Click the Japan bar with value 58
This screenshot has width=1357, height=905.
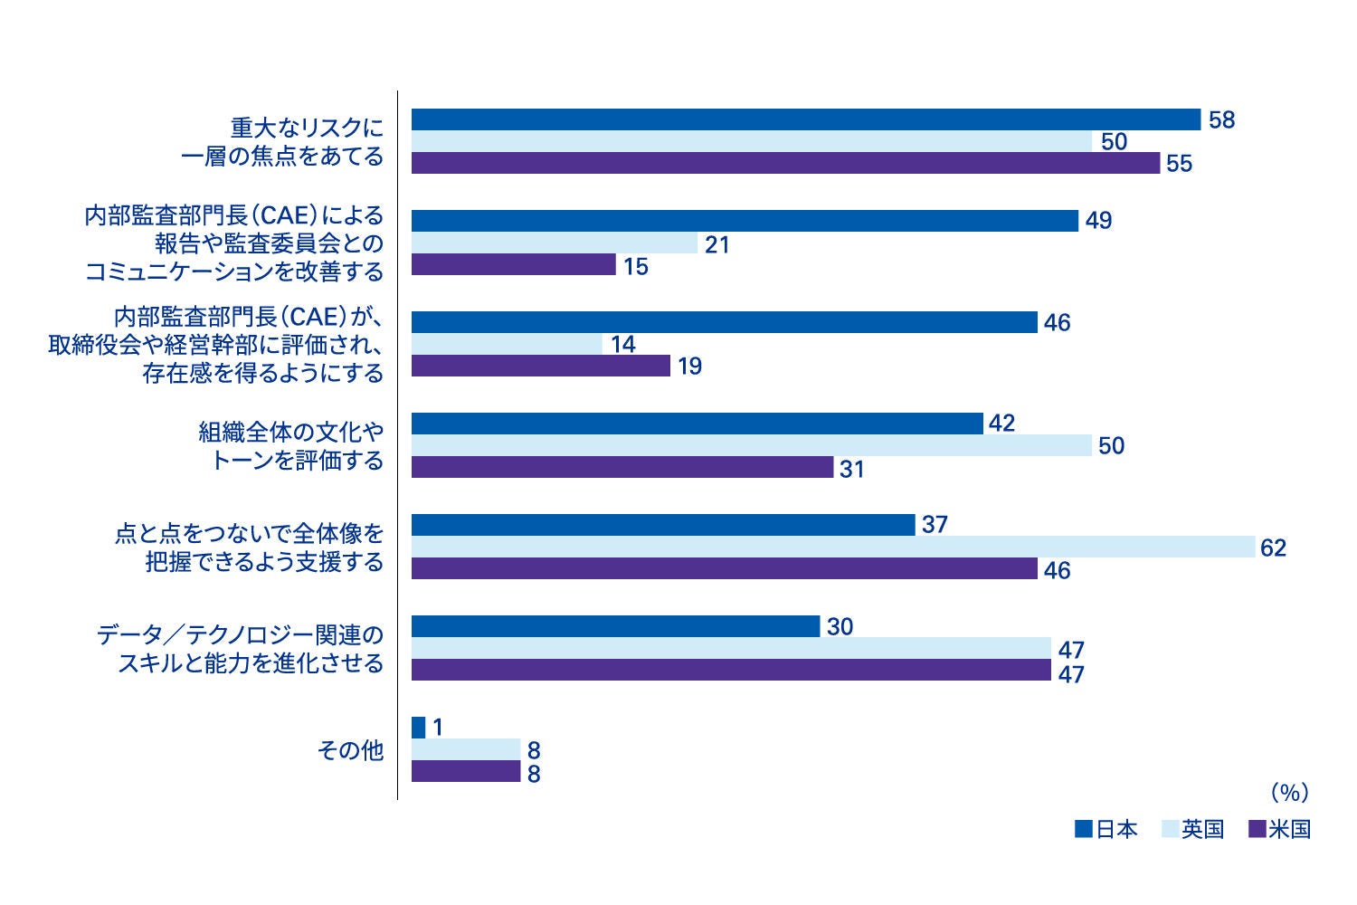(x=805, y=119)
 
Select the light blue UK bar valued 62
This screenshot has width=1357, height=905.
(x=832, y=547)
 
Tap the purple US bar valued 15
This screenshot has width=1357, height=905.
(x=513, y=264)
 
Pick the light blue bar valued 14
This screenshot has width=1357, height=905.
(x=507, y=344)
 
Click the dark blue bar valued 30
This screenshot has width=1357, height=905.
(x=615, y=626)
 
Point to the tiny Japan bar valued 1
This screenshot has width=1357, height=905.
(x=418, y=728)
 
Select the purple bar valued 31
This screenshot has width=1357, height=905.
(x=622, y=467)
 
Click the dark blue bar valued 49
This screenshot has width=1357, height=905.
(x=745, y=221)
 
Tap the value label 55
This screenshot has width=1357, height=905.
(x=1180, y=164)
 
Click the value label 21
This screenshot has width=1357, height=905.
(x=716, y=244)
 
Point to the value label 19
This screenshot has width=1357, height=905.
(x=689, y=367)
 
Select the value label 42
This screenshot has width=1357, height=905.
(x=1001, y=424)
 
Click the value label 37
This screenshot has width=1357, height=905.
(x=935, y=525)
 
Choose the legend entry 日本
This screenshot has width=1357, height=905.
(x=1106, y=829)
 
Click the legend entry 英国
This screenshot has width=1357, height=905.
(x=1191, y=829)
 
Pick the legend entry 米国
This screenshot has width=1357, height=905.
(x=1278, y=829)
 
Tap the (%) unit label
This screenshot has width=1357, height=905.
(x=1289, y=793)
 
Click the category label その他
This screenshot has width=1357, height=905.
(x=350, y=750)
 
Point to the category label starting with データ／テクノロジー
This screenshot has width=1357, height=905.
(x=241, y=649)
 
